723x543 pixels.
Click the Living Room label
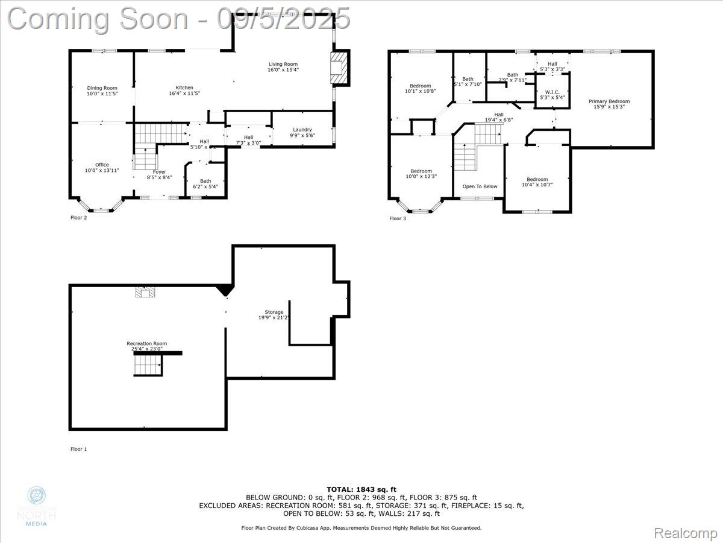[x=283, y=67]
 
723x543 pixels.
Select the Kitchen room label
[x=184, y=91]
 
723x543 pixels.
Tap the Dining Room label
[x=102, y=91]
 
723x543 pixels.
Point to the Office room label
[x=102, y=167]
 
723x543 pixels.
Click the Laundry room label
[x=302, y=132]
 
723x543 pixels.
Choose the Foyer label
[x=159, y=174]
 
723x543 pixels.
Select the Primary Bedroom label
[x=609, y=104]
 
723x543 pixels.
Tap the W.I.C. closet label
[x=552, y=95]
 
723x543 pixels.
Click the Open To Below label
[x=480, y=186]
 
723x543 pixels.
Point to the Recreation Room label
[x=146, y=346]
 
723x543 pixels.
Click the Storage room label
[x=274, y=314]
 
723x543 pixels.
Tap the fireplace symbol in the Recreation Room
[x=145, y=292]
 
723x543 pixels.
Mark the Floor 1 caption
[x=79, y=449]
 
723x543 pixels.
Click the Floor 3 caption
[x=398, y=218]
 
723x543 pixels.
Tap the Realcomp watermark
[x=686, y=533]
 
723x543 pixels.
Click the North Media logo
[x=37, y=506]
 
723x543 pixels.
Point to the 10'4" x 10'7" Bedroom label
[x=537, y=182]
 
